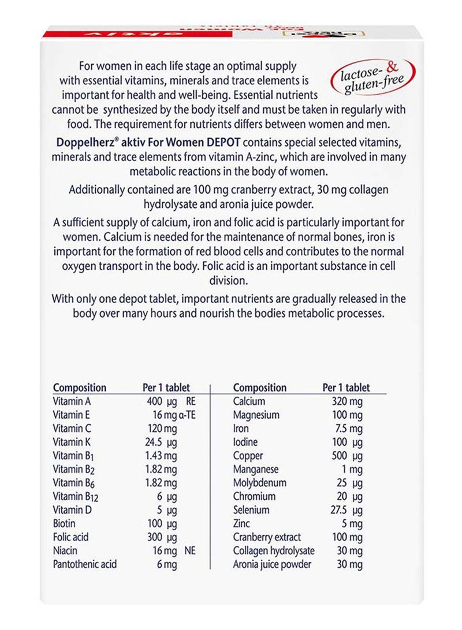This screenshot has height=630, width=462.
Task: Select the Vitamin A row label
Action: coord(73,401)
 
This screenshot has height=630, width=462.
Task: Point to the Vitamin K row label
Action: coord(73,442)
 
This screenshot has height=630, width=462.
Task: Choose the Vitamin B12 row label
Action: coord(75,497)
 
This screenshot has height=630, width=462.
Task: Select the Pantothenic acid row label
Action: coord(85,564)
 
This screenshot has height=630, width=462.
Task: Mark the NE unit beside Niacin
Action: coord(189,551)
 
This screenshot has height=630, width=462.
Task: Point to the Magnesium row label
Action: coord(256,415)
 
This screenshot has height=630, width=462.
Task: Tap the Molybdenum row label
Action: coord(260,483)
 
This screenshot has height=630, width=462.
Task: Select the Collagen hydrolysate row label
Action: coord(274,551)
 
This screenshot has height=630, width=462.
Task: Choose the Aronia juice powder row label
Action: coord(272,564)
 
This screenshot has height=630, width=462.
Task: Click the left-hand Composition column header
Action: coord(80,388)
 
